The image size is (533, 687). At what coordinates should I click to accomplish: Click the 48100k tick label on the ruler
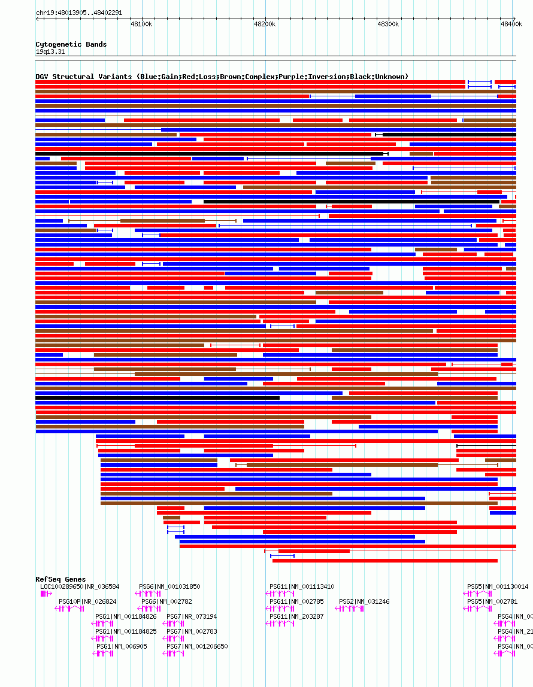pos(141,24)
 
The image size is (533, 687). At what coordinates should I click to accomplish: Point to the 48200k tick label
pos(264,24)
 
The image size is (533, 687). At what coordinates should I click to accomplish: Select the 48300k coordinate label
pos(388,24)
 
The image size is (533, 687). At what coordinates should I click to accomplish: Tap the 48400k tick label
pos(512,24)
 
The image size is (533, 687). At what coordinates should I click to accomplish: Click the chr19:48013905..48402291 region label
pos(79,13)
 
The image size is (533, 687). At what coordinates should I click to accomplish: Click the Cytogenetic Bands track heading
pos(71,44)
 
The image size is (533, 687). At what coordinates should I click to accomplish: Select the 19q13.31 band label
pos(50,51)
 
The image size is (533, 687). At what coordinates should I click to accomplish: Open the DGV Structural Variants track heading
pos(222,77)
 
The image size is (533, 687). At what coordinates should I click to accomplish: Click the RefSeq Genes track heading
pos(60,579)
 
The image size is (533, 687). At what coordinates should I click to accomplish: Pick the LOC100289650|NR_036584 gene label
pos(80,586)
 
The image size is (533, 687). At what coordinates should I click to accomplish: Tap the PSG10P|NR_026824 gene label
pos(87,601)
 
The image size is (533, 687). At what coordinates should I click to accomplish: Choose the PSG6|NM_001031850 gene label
pos(169,586)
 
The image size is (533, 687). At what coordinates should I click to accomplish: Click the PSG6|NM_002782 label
pos(166,601)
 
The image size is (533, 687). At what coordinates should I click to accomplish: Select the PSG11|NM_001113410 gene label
pos(302,586)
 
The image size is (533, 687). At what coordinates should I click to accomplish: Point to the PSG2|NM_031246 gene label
pos(364,601)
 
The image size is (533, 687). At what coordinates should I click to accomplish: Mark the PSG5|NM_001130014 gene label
pos(498,586)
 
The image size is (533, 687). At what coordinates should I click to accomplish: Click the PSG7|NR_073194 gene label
pos(192,616)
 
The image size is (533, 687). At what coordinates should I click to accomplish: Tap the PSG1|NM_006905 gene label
pos(122,646)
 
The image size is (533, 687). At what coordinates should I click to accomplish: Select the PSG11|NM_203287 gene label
pos(296,616)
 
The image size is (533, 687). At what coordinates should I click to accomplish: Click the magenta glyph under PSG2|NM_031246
pos(350,609)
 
